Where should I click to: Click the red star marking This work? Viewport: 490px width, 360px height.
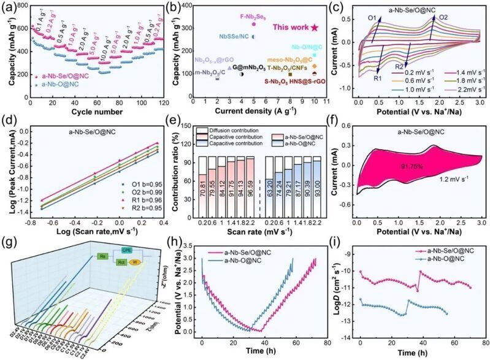(314, 27)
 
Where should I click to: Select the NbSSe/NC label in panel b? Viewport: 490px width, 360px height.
(234, 37)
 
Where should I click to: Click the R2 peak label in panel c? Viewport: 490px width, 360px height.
(399, 66)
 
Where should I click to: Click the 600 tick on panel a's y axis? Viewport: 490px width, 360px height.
(22, 28)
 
